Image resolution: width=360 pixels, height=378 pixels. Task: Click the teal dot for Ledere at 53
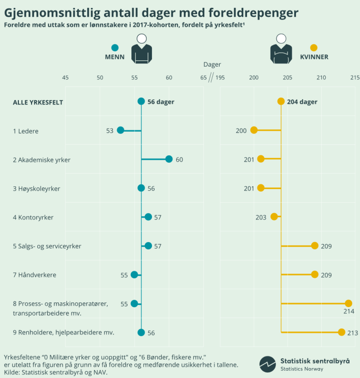(120, 130)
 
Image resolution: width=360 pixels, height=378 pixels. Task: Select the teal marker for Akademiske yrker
(169, 159)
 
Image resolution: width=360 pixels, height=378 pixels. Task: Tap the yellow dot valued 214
(348, 303)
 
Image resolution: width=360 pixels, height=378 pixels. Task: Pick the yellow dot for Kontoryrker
(274, 217)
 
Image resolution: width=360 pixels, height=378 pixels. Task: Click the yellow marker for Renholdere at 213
(341, 332)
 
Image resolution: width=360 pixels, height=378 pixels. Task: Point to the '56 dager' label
(161, 102)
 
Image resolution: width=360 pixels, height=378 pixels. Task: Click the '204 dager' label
(302, 102)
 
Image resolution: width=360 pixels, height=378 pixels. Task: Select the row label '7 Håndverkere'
(35, 275)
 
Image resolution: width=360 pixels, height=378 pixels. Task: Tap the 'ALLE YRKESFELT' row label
(38, 102)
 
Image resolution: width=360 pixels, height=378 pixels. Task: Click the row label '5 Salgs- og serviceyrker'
(47, 246)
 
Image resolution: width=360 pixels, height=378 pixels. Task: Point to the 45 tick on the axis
(65, 78)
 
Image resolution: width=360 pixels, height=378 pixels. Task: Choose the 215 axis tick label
(355, 78)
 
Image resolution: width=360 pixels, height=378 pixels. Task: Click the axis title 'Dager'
(212, 65)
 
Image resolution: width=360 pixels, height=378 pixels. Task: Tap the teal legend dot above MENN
(115, 48)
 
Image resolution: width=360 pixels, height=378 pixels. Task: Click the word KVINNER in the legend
(314, 57)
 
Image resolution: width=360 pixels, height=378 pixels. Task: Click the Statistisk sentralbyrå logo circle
(268, 364)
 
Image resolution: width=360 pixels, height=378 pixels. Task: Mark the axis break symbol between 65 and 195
(211, 78)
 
